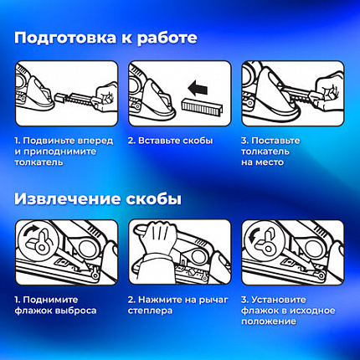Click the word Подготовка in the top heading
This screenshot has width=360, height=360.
(x=65, y=38)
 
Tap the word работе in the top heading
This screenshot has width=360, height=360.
(x=167, y=38)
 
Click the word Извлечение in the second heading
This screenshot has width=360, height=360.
(x=68, y=198)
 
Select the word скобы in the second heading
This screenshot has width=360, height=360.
(x=154, y=198)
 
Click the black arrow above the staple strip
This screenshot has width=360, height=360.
(x=198, y=88)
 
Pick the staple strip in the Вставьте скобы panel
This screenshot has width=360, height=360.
(x=203, y=107)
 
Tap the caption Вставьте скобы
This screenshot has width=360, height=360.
(x=170, y=141)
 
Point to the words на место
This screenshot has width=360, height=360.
(x=262, y=162)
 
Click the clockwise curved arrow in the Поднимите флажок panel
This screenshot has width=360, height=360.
(x=31, y=231)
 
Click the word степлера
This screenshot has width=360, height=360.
(x=150, y=311)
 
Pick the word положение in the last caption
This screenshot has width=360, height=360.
(x=269, y=321)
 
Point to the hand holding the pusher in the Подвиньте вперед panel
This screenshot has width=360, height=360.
(x=106, y=95)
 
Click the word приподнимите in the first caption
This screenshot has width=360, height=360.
(x=59, y=152)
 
